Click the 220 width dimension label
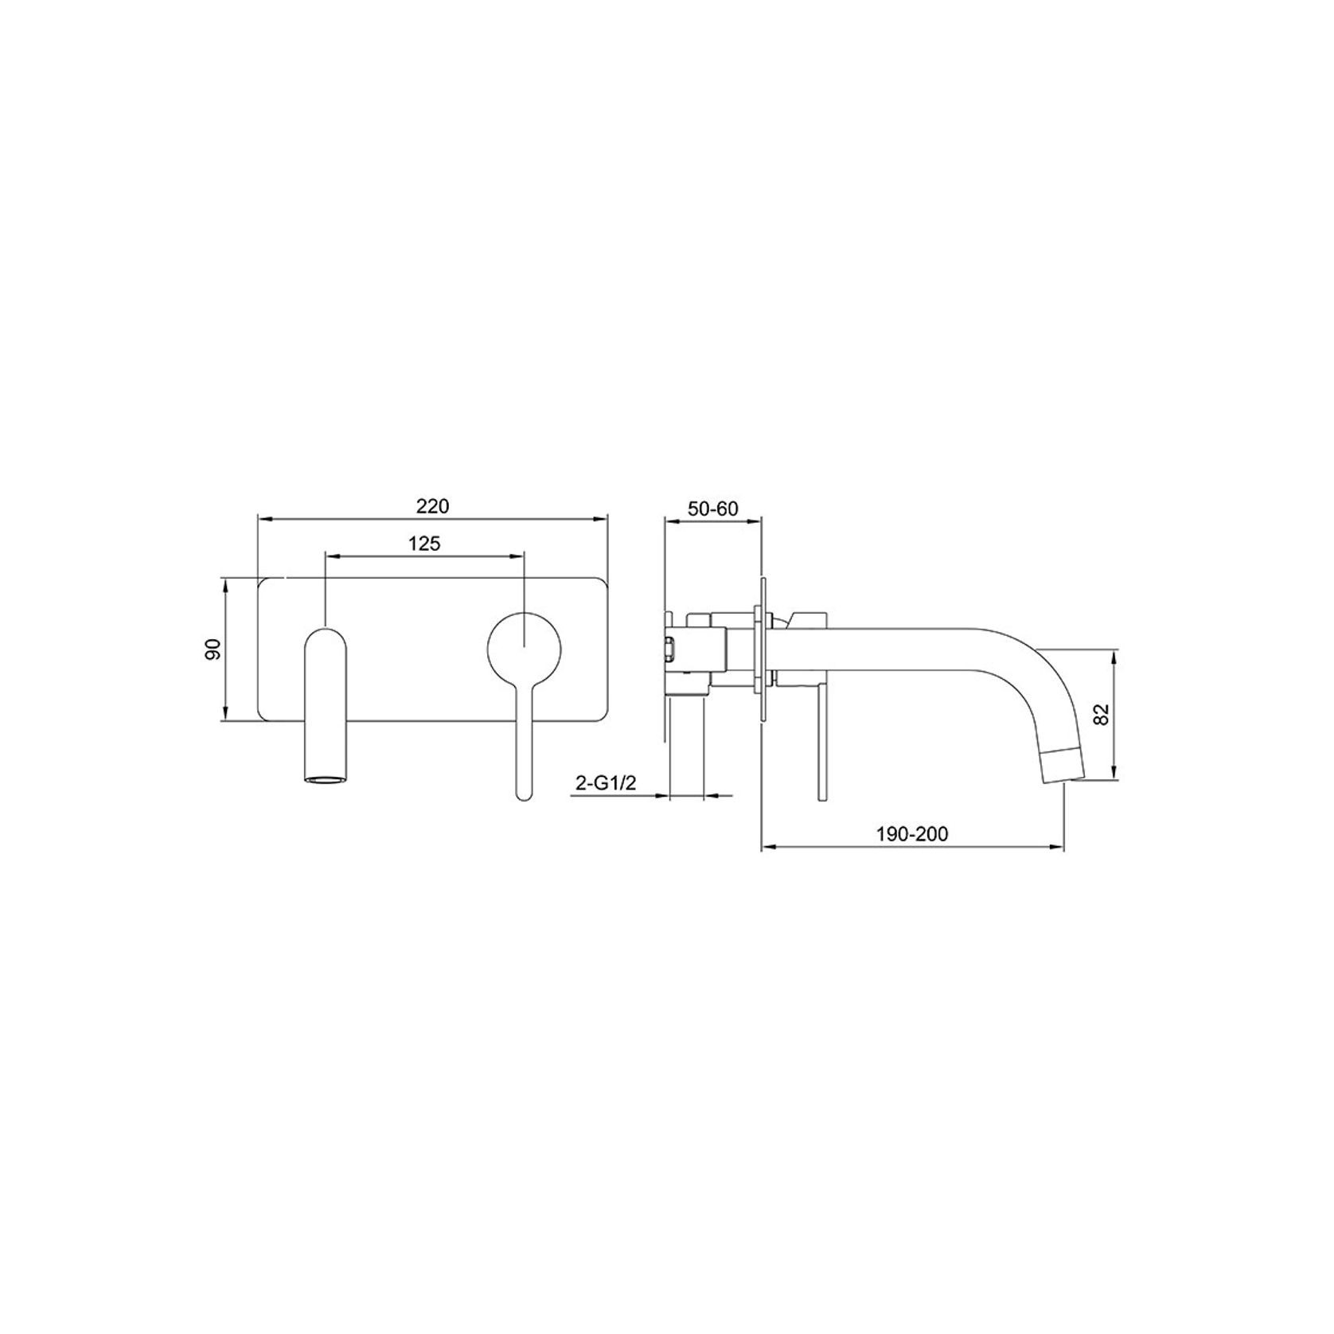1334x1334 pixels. coord(433,505)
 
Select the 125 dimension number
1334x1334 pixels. coord(424,544)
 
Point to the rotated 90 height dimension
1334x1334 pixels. coord(213,649)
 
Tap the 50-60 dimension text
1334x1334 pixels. coord(713,509)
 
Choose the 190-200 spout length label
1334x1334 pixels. coord(912,834)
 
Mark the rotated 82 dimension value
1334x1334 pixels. coord(1102,713)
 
